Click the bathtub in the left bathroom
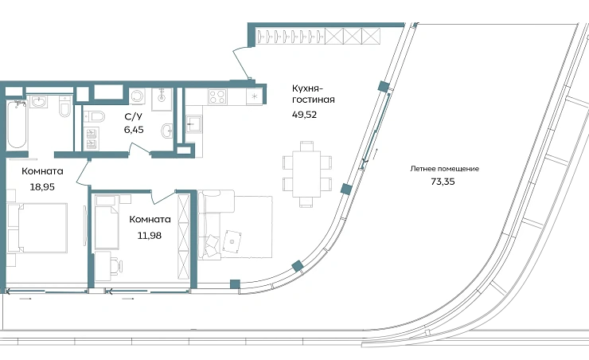(x=17, y=124)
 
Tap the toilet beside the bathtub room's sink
(x=65, y=106)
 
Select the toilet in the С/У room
(x=94, y=116)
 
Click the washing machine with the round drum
(x=137, y=96)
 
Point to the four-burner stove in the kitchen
(x=217, y=96)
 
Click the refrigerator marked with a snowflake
(x=255, y=96)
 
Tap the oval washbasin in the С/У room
(x=167, y=131)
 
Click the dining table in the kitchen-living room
(x=307, y=174)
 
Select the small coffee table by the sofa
(x=232, y=241)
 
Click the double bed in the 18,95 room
(x=37, y=228)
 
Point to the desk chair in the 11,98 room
(x=117, y=265)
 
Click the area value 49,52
(x=304, y=115)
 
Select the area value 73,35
(x=443, y=182)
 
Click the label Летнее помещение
(x=444, y=169)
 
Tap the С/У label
(x=134, y=116)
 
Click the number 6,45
(x=134, y=130)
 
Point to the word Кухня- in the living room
(x=307, y=88)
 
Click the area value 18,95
(x=42, y=186)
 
